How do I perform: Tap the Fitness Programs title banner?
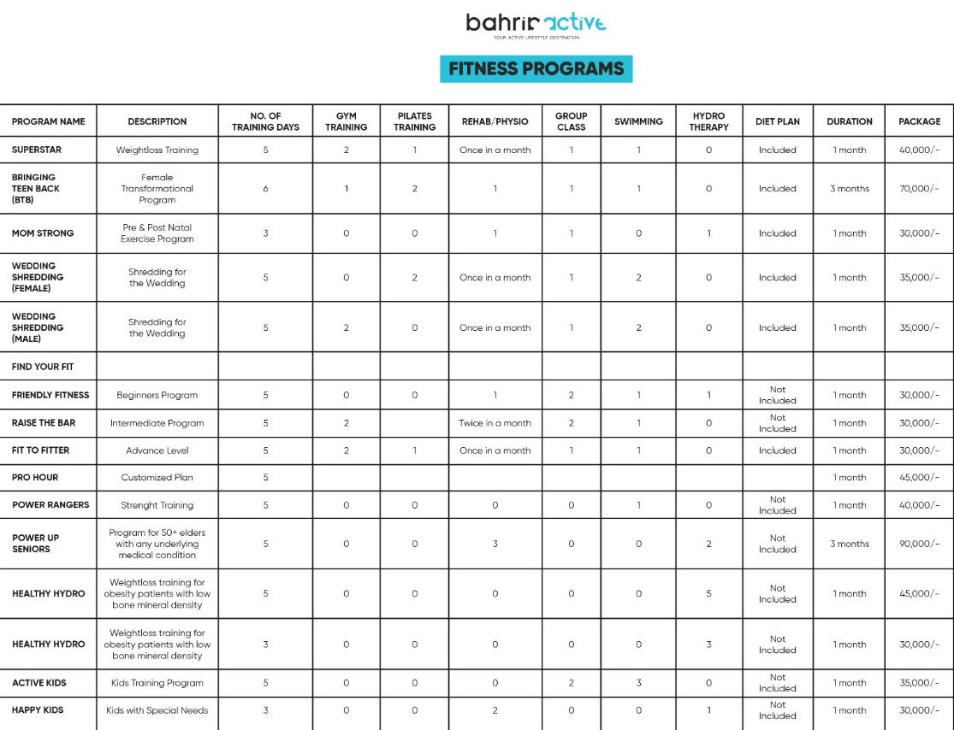pos(536,68)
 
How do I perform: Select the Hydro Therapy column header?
pos(708,121)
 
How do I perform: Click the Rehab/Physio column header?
pos(495,121)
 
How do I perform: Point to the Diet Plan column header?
pos(777,121)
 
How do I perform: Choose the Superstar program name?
pos(37,150)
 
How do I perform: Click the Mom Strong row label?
pos(43,233)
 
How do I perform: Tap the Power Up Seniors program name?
pos(36,544)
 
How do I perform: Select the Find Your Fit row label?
pos(43,367)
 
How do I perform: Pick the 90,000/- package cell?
pos(919,544)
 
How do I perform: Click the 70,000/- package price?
pos(919,189)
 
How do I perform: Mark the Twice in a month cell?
pos(495,423)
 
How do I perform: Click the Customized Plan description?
pos(157,478)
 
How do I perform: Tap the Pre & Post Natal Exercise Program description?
pos(157,233)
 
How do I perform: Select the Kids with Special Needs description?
pos(157,710)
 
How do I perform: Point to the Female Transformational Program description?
pos(157,189)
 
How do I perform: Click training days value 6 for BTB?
pos(265,189)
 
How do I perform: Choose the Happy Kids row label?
pos(38,710)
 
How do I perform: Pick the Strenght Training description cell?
pos(157,505)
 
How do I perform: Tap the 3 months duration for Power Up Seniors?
pos(850,544)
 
